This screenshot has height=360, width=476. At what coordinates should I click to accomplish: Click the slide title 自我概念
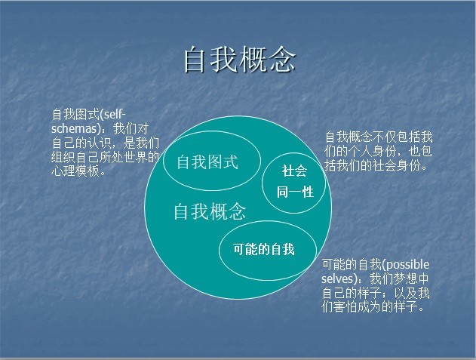pyautogui.click(x=240, y=60)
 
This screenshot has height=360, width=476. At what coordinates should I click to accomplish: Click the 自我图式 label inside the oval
pyautogui.click(x=207, y=162)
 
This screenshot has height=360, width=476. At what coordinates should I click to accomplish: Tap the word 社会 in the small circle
pyautogui.click(x=294, y=171)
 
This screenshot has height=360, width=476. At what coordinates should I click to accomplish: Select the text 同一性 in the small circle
pyautogui.click(x=295, y=192)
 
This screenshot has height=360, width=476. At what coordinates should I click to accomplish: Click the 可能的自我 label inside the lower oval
pyautogui.click(x=264, y=249)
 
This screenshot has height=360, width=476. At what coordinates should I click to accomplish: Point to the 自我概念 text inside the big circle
pyautogui.click(x=210, y=211)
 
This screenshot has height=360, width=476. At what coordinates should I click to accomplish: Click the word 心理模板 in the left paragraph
pyautogui.click(x=75, y=171)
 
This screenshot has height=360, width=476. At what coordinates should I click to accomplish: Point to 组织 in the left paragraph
pyautogui.click(x=63, y=158)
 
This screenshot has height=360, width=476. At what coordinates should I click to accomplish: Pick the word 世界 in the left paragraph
pyautogui.click(x=135, y=158)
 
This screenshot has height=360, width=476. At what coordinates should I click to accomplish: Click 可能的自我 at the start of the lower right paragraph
pyautogui.click(x=352, y=265)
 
